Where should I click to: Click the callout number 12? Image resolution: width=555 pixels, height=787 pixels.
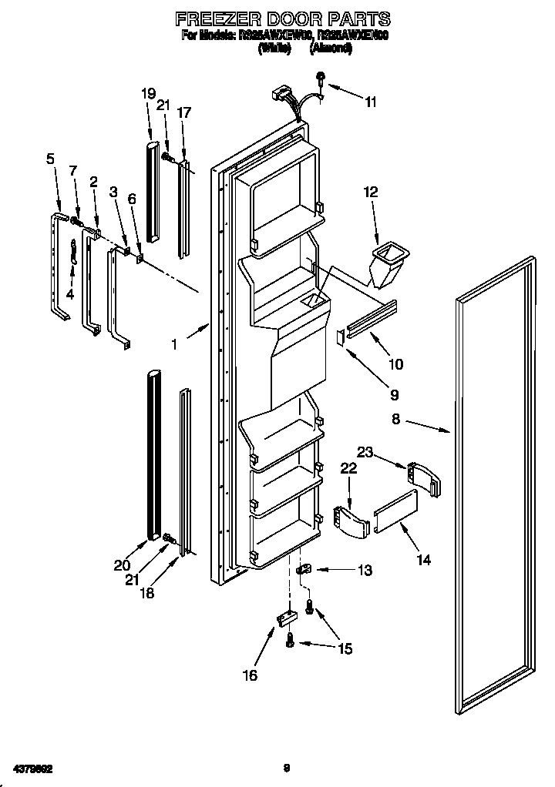click(371, 193)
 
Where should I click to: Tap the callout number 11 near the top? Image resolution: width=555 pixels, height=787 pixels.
click(371, 102)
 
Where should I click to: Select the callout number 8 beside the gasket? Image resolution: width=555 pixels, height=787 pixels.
click(395, 420)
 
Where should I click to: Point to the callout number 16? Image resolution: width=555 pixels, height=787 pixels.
click(249, 675)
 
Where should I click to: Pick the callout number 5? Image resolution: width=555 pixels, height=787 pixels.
click(50, 159)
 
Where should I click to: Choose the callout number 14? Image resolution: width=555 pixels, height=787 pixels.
click(423, 561)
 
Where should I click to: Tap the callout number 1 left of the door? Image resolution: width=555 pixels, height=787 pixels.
click(175, 345)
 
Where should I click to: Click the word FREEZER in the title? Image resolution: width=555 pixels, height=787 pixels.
click(206, 18)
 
